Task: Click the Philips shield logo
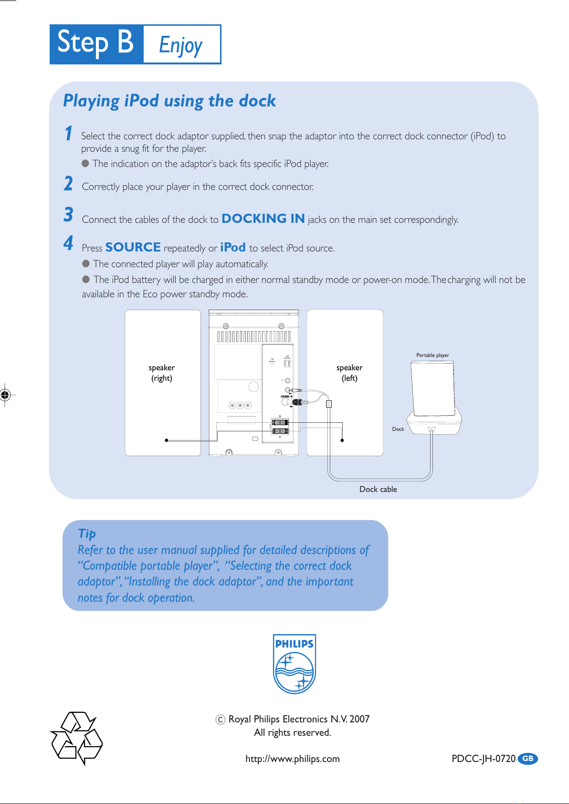(294, 664)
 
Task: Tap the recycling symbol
(77, 738)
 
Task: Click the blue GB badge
(527, 759)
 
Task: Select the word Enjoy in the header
(181, 45)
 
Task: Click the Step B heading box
(96, 44)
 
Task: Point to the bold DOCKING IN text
(263, 219)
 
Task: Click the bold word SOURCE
(133, 247)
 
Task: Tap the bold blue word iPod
(233, 247)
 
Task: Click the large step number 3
(69, 215)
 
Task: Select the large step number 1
(69, 133)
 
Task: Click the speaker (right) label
(162, 373)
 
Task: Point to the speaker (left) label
(349, 373)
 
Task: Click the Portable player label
(432, 355)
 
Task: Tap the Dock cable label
(378, 489)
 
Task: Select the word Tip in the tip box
(87, 533)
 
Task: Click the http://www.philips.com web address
(293, 759)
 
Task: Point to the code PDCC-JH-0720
(483, 759)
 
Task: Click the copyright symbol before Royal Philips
(220, 720)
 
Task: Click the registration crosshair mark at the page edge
(5, 395)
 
